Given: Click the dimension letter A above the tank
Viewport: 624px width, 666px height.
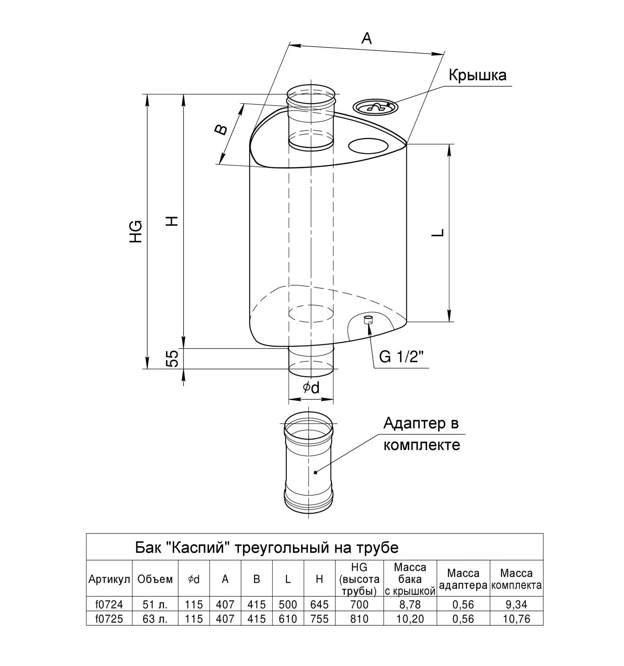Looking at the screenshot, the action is click(x=367, y=38).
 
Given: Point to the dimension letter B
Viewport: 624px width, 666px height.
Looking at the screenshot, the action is click(x=221, y=130).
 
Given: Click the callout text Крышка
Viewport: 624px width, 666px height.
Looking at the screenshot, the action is click(x=477, y=75).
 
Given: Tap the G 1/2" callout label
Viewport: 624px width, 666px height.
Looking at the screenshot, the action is click(x=402, y=357).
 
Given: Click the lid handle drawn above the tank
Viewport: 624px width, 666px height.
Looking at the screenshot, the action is click(x=376, y=107).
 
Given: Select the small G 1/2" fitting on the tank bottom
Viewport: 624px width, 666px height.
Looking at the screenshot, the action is click(x=368, y=319).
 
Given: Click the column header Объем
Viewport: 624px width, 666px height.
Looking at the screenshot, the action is click(x=155, y=579).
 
